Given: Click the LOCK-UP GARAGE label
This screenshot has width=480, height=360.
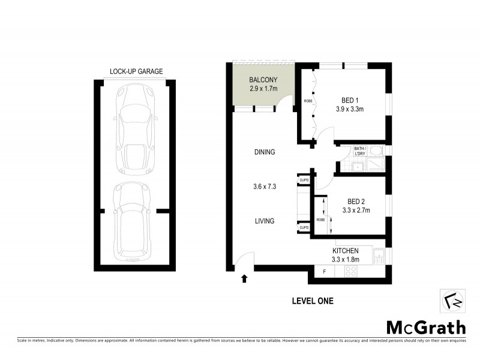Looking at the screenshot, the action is pyautogui.click(x=136, y=71).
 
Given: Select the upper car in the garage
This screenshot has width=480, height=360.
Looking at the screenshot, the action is pyautogui.click(x=137, y=127).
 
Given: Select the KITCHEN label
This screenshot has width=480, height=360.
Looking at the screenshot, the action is pyautogui.click(x=346, y=251).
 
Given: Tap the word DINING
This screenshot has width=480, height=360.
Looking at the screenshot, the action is pyautogui.click(x=264, y=152).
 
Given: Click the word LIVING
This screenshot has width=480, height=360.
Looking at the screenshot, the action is pyautogui.click(x=264, y=221).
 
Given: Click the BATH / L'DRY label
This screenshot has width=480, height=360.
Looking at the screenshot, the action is pyautogui.click(x=359, y=151).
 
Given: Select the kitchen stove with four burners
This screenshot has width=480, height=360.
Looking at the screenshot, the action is pyautogui.click(x=350, y=272).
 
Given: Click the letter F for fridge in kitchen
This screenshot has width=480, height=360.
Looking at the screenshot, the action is pyautogui.click(x=325, y=272).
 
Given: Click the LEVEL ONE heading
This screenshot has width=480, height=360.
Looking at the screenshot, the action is pyautogui.click(x=312, y=301).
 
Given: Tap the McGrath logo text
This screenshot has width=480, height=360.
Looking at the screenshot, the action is pyautogui.click(x=425, y=328).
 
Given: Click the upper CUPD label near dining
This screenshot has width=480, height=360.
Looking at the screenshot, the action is pyautogui.click(x=304, y=179).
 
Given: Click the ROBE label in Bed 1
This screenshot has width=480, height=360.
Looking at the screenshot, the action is pyautogui.click(x=307, y=101).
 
